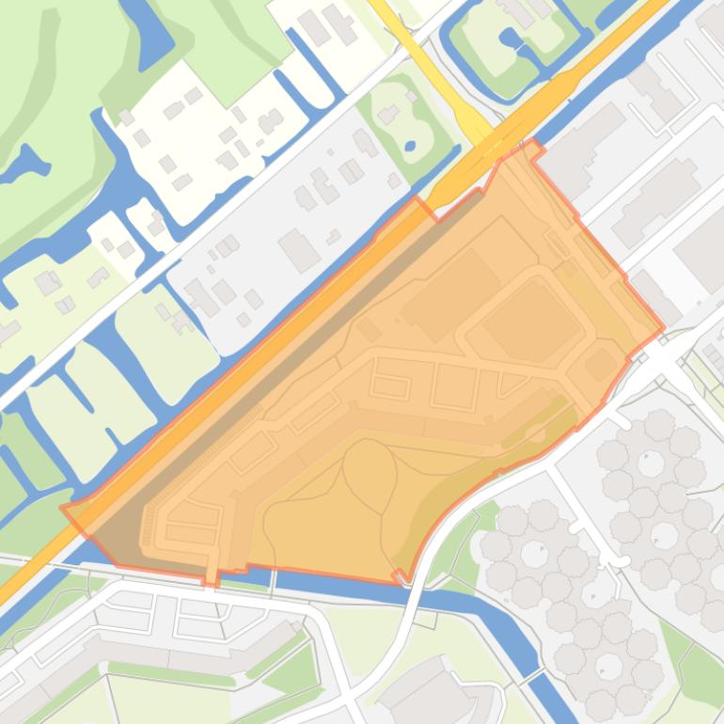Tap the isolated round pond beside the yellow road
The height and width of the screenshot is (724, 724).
pos(410,146)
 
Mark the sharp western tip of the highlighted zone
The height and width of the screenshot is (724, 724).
pos(64,509)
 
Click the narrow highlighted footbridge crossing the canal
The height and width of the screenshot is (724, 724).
pos(212,573)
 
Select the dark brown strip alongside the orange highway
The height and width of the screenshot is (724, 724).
pos(282,367)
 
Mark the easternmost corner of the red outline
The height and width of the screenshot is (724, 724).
pos(663,329)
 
